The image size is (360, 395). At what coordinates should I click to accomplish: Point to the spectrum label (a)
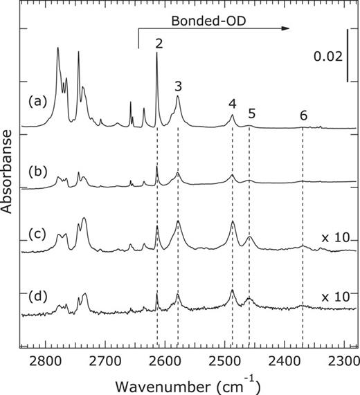coord(38,101)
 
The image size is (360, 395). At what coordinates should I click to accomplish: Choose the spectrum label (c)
coord(38,233)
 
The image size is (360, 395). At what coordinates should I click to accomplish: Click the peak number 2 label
coord(159,44)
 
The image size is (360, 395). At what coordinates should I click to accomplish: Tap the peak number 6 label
coord(303,114)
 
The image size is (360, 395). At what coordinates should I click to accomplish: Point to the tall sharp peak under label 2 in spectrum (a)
coord(157,55)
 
